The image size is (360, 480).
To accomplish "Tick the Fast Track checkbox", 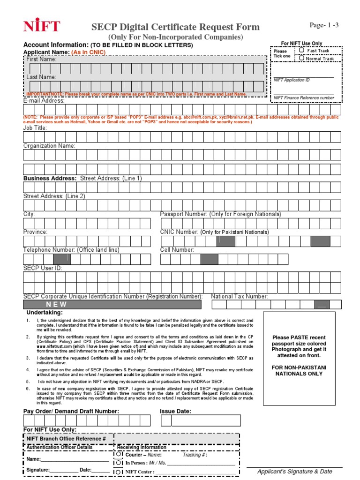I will click(x=302, y=50).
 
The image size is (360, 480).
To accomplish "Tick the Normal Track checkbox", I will click(x=302, y=59).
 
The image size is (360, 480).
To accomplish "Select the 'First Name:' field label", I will click(x=41, y=60).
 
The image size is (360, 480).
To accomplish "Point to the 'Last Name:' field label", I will click(x=41, y=77).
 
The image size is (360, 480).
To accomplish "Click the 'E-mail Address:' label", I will click(x=44, y=101).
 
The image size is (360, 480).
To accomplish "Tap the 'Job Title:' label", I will click(x=35, y=127).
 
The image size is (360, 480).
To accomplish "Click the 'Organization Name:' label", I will click(x=49, y=146).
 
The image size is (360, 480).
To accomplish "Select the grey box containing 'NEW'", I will click(x=112, y=305).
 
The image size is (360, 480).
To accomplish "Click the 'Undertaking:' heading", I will click(x=44, y=313).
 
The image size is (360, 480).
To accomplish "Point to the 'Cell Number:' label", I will click(x=177, y=250).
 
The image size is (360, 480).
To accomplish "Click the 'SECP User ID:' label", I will click(x=43, y=268).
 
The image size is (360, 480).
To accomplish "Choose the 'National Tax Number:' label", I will click(x=240, y=296).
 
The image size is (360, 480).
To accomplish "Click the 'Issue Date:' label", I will click(x=175, y=411).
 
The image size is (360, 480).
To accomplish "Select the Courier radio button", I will click(x=119, y=454).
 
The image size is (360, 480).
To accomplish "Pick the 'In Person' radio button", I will click(x=119, y=463).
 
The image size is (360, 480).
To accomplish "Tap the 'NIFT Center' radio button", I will click(x=119, y=472).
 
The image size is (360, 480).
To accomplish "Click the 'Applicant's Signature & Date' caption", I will click(x=295, y=472).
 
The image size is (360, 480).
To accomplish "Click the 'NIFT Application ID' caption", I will click(x=292, y=80).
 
